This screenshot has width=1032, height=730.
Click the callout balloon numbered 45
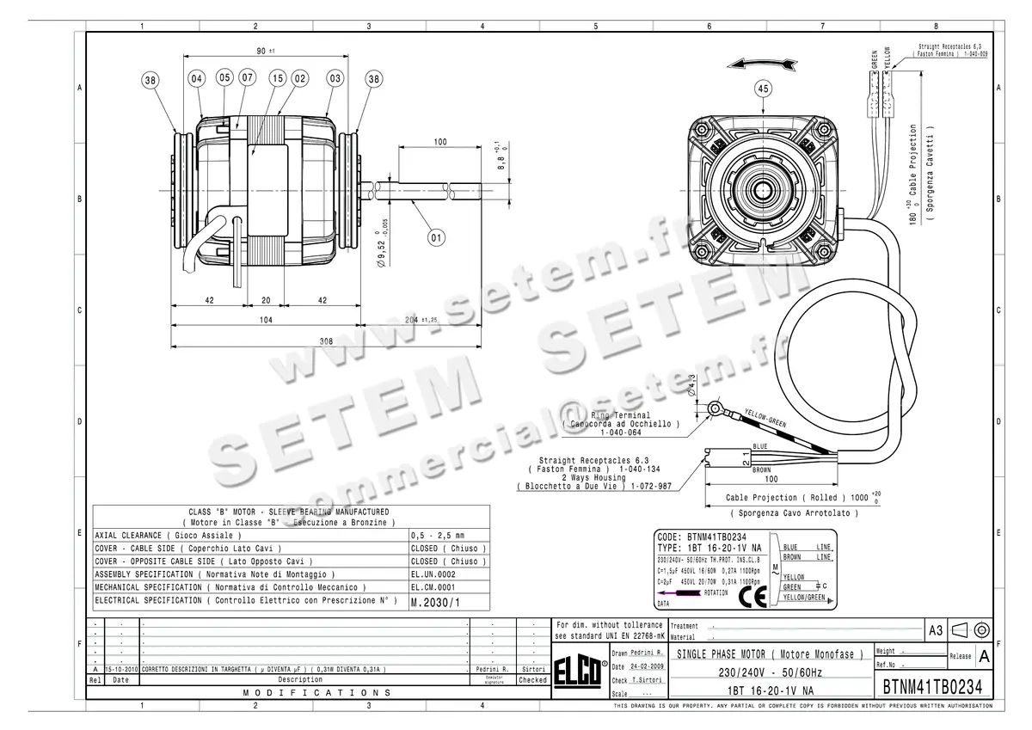tap(762, 88)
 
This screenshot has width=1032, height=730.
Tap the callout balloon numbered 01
tap(436, 236)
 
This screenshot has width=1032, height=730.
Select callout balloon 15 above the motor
tap(277, 79)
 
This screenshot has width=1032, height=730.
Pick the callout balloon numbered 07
tap(247, 79)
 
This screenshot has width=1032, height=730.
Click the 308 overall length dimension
tap(326, 341)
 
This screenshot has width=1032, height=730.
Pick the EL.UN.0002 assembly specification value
tap(433, 574)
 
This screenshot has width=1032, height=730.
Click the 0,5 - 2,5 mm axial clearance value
tap(438, 535)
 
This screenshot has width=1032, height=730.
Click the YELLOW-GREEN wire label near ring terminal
tap(765, 418)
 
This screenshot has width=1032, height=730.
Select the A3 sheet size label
tap(937, 631)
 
